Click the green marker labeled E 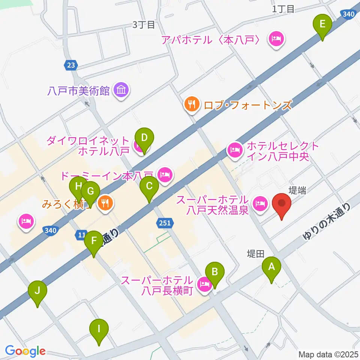tap(322, 26)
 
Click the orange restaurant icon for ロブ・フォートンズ tap(192, 104)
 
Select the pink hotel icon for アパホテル tap(277, 39)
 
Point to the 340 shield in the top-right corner tap(348, 14)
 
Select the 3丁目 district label tap(144, 25)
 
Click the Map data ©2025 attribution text tap(328, 354)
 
